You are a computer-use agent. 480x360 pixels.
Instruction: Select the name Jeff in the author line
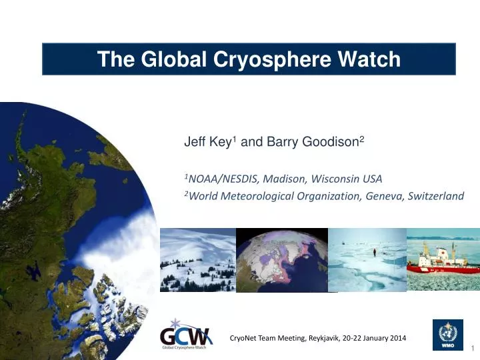click(x=193, y=142)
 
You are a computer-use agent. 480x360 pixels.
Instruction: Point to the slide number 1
click(x=473, y=349)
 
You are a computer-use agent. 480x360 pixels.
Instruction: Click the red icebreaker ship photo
click(x=443, y=261)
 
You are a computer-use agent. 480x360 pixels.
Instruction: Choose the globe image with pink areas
click(x=282, y=260)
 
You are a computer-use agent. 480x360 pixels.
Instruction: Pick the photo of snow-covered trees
click(x=197, y=260)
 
